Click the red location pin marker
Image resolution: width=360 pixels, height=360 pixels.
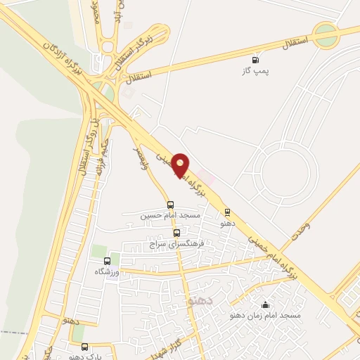click(x=181, y=165)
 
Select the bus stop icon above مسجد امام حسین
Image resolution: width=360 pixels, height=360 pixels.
click(x=170, y=205)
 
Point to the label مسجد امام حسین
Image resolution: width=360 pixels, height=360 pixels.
click(x=170, y=215)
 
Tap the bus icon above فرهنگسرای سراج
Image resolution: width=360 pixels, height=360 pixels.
click(x=176, y=233)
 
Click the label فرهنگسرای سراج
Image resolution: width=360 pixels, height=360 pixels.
click(x=176, y=243)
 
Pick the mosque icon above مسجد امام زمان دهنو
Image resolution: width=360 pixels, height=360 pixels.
click(x=265, y=304)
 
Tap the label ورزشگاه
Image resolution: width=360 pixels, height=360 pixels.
click(x=108, y=271)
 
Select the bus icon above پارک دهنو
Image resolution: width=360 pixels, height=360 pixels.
click(x=85, y=347)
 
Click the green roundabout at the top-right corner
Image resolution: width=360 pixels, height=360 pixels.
click(x=326, y=36)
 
